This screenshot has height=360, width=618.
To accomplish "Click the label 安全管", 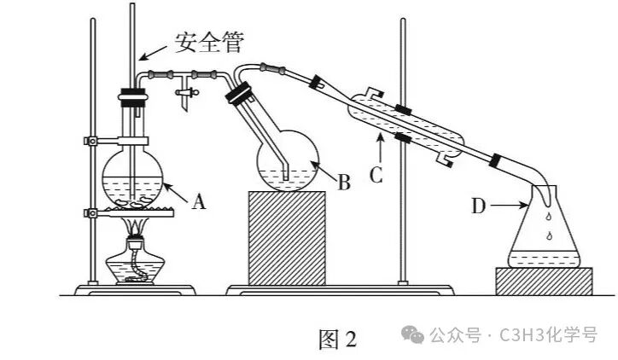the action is click(x=209, y=43).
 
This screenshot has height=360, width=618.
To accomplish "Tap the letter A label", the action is click(x=199, y=202).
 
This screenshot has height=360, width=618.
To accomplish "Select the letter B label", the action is click(x=344, y=183).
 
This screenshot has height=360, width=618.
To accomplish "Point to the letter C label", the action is click(x=376, y=175).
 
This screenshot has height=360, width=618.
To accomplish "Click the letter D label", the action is click(x=479, y=206).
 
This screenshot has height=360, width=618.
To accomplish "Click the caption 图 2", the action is click(x=338, y=340).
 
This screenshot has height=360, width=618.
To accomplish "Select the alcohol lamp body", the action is click(x=135, y=264).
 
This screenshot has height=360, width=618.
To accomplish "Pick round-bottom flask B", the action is click(x=288, y=161).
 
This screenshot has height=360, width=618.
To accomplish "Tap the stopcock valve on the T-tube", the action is click(x=186, y=93).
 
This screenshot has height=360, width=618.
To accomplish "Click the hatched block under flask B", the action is click(x=287, y=238).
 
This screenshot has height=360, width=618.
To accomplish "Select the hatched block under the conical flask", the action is click(x=544, y=282).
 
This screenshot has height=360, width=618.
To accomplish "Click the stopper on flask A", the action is click(x=132, y=98).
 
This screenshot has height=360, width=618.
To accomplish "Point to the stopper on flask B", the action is click(x=239, y=93).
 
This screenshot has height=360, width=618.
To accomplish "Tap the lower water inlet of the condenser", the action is click(x=445, y=160).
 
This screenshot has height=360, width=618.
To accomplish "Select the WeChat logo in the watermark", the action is click(x=412, y=334).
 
